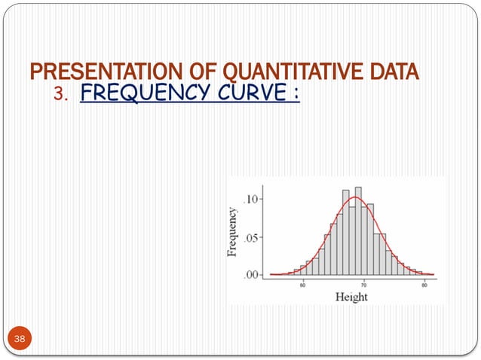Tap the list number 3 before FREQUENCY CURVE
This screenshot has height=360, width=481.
62,96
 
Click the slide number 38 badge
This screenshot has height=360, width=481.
19,340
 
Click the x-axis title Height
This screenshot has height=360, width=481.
351,297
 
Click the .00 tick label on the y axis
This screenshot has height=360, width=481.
252,274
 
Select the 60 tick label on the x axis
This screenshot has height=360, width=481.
303,285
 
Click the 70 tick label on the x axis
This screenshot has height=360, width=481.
363,285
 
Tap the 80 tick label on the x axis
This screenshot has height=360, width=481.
424,285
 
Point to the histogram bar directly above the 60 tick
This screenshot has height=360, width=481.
303,270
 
